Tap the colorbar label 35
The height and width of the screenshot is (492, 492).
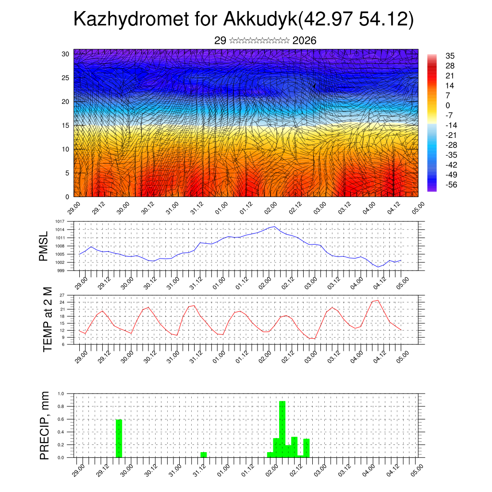tap(450, 56)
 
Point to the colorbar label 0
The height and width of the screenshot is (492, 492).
tap(448, 105)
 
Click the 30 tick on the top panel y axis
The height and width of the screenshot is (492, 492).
tap(65, 54)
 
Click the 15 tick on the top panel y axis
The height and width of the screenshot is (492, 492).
tap(65, 125)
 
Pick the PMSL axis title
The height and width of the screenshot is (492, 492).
tap(44, 246)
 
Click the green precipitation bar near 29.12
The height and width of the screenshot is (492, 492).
tap(119, 438)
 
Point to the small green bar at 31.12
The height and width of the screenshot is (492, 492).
tap(204, 455)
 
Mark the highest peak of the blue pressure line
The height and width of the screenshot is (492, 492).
tap(274, 226)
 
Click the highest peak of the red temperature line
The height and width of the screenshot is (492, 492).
tap(378, 300)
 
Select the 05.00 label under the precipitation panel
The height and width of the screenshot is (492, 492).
tap(416, 468)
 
